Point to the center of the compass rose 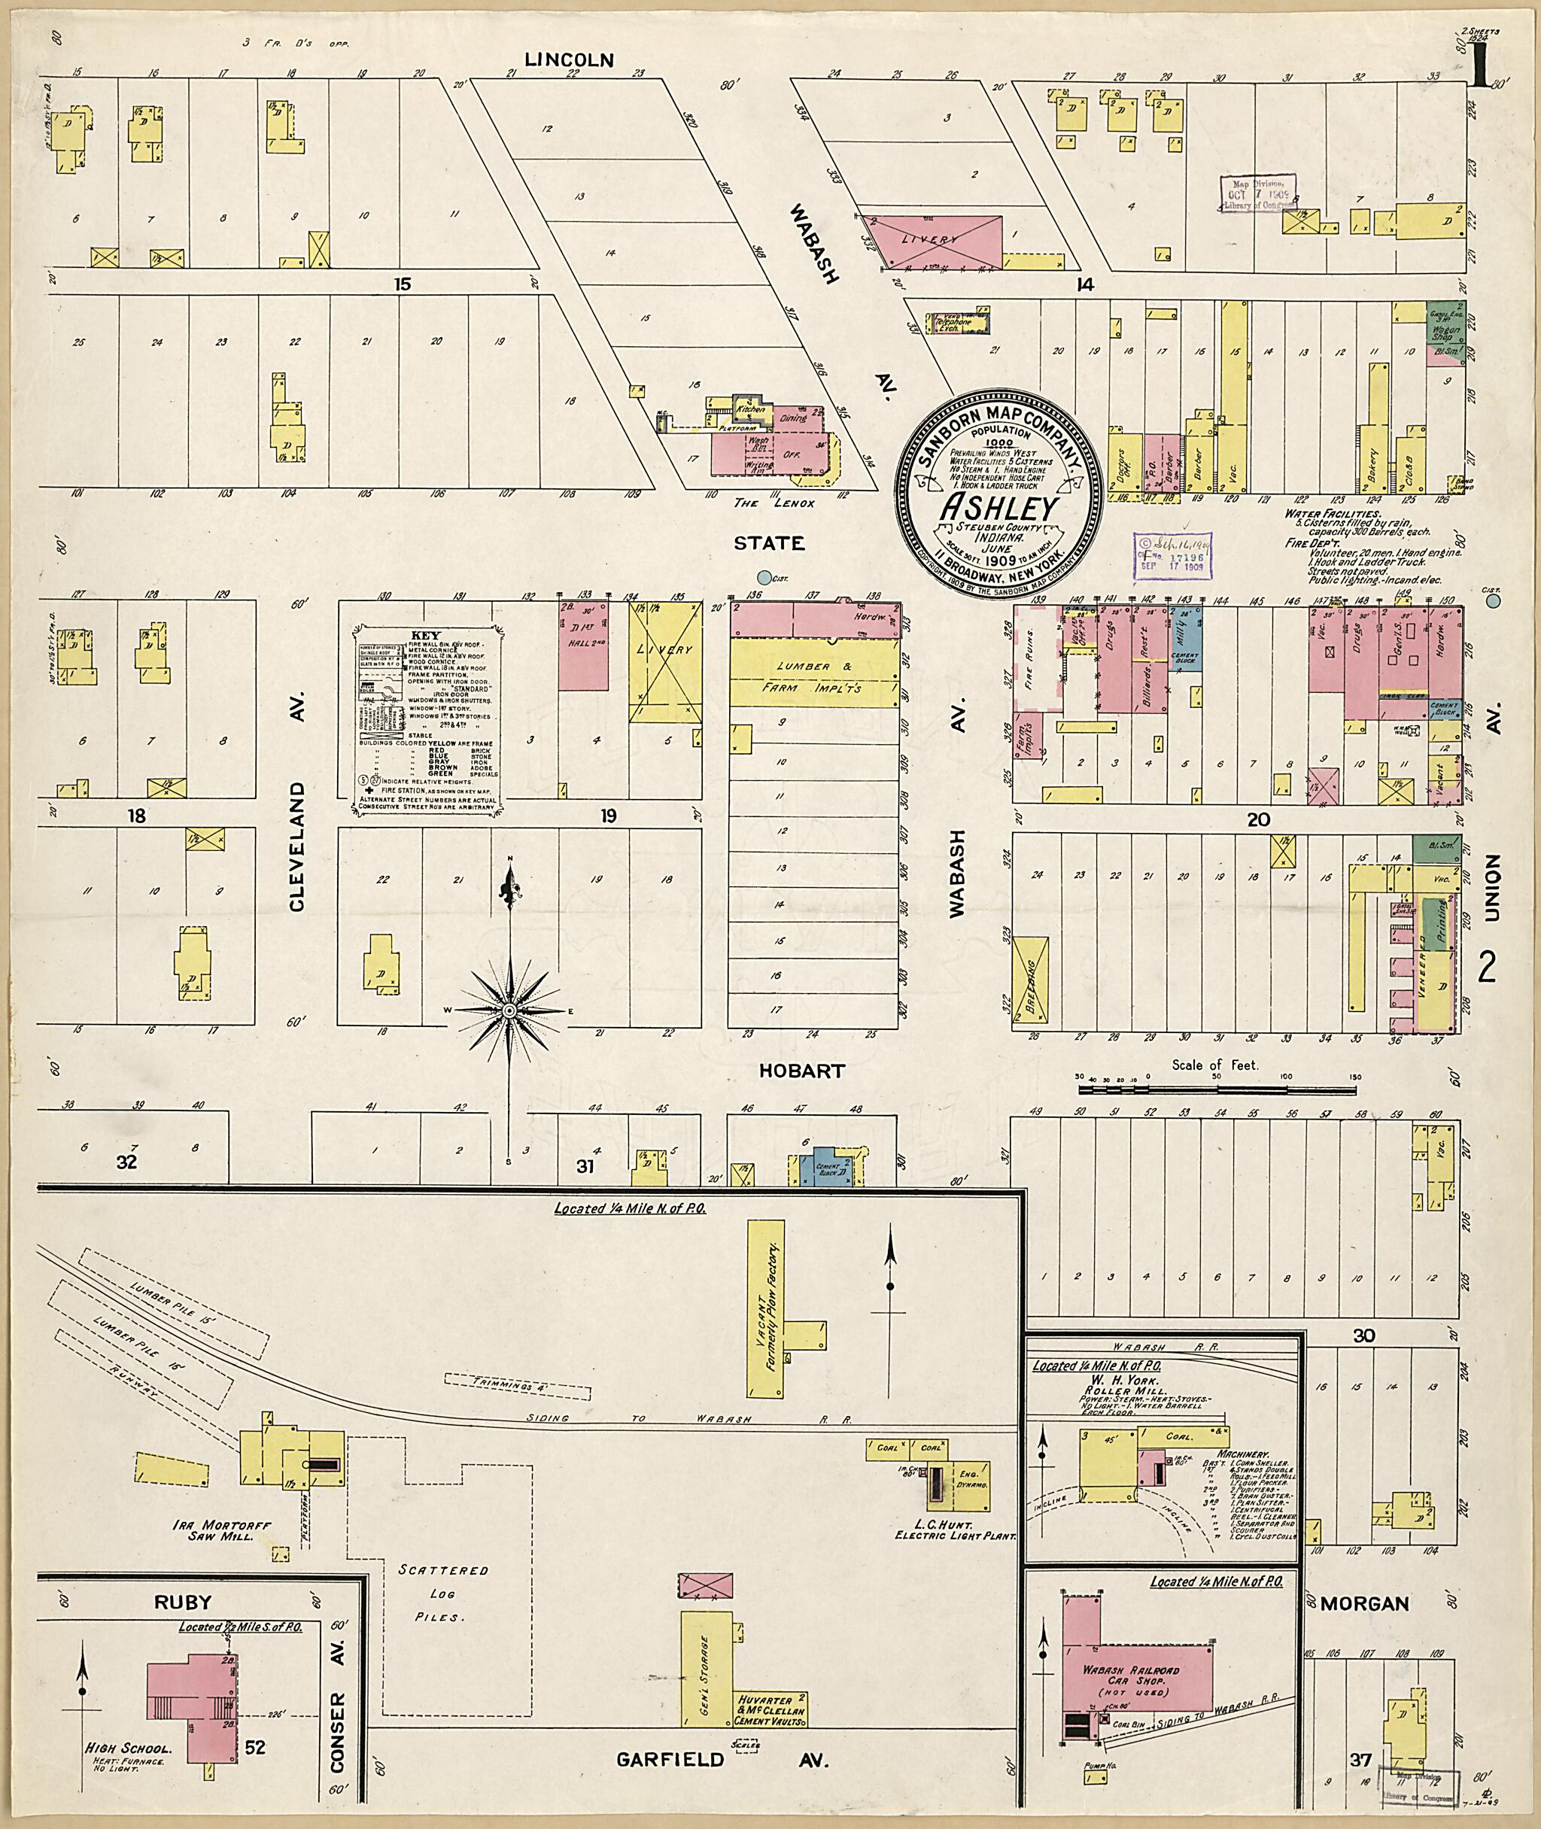pos(509,1010)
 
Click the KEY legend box pos(423,721)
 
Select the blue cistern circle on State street pos(765,576)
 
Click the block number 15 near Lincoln pos(402,284)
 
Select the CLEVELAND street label pos(296,846)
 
